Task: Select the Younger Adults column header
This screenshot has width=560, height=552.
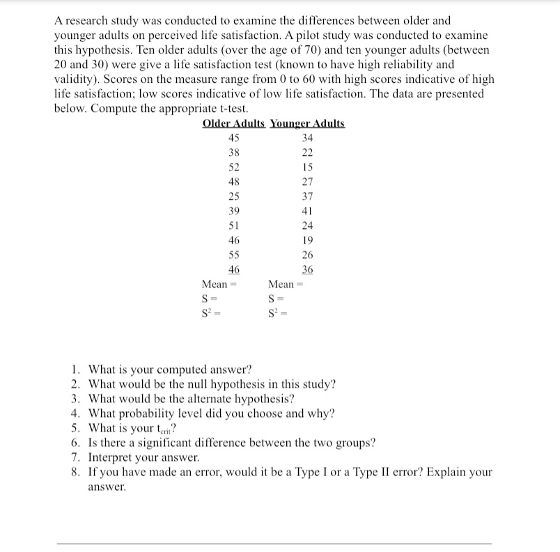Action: [307, 123]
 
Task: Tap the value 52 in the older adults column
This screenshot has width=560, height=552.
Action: [234, 167]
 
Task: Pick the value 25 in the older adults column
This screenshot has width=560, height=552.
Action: [234, 196]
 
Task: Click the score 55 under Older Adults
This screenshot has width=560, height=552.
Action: [234, 255]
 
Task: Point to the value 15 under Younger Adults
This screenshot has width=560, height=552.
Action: [307, 167]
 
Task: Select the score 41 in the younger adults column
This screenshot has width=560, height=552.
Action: [307, 211]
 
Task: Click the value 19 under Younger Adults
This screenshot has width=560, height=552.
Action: [307, 240]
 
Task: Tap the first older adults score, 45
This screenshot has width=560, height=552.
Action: [234, 138]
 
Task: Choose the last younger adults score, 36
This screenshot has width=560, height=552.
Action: [307, 269]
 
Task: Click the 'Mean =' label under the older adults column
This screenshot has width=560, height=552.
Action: [215, 284]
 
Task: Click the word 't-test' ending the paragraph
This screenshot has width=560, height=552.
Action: [231, 109]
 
